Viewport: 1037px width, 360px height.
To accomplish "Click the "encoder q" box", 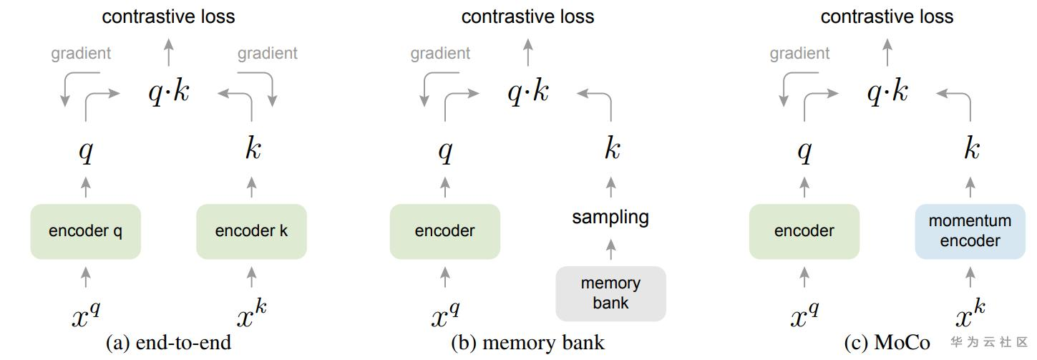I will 85,231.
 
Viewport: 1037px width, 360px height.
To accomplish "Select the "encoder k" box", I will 251,231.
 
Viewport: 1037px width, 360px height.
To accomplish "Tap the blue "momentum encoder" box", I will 970,231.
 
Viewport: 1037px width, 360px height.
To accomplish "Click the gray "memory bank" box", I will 610,293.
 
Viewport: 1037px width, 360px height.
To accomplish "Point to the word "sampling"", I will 610,217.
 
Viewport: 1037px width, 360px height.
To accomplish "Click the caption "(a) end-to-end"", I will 168,344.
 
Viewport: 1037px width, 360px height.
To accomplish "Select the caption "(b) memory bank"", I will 527,344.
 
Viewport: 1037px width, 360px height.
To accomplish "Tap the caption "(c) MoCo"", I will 887,344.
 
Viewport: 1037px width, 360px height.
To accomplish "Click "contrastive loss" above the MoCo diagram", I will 887,16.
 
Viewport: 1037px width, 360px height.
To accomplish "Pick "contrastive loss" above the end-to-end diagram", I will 168,16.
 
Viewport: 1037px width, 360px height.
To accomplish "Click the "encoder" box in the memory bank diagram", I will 444,231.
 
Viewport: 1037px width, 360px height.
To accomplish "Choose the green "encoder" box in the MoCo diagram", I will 804,231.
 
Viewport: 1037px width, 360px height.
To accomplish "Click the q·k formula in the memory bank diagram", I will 528,92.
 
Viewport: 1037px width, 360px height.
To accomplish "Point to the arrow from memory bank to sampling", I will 610,250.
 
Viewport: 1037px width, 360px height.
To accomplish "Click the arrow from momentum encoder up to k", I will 970,188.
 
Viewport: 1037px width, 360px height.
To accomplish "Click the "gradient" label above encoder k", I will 268,54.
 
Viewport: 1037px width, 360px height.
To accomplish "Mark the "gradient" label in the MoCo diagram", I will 800,54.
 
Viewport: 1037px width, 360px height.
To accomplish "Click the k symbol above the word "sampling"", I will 611,150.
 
